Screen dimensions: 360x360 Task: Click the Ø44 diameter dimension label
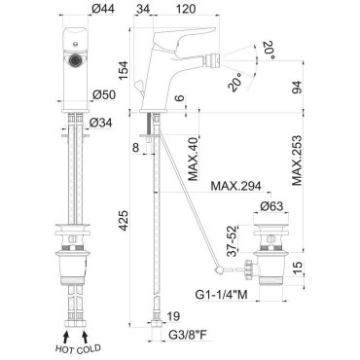pos(103,10)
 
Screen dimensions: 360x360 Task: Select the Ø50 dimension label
pos(104,94)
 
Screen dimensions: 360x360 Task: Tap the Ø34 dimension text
pos(100,123)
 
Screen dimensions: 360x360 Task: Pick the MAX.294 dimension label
pos(235,186)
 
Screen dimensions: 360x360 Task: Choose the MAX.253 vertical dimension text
pos(297,160)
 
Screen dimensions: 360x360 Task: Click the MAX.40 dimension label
pos(194,160)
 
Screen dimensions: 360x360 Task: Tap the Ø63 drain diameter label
pos(271,206)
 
